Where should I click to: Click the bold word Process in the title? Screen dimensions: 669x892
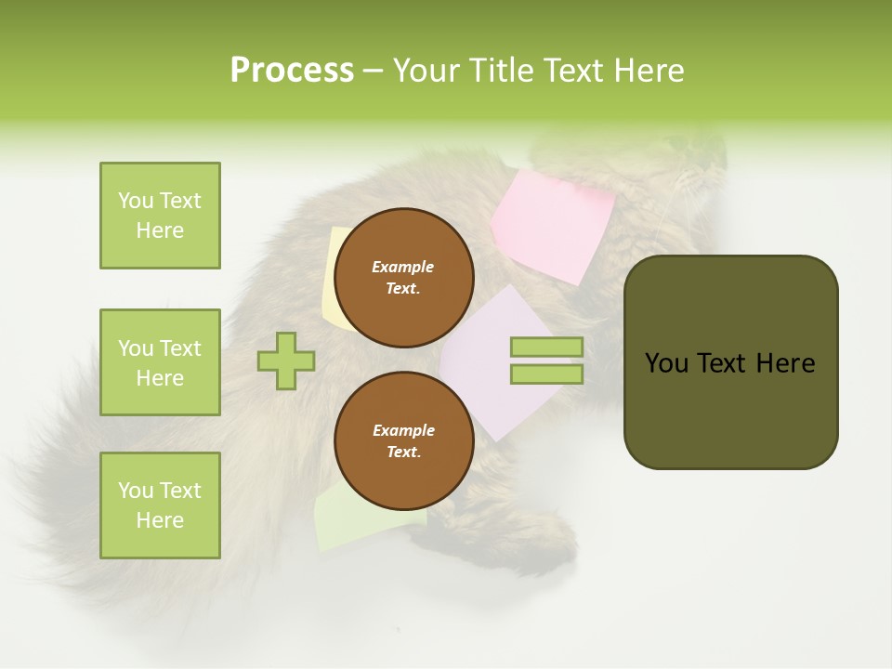pyautogui.click(x=292, y=70)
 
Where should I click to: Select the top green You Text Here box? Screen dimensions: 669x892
pyautogui.click(x=160, y=216)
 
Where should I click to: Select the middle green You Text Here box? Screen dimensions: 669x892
pyautogui.click(x=160, y=362)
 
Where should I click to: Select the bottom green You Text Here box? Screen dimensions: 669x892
pyautogui.click(x=160, y=505)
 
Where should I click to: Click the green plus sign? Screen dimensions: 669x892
pyautogui.click(x=286, y=361)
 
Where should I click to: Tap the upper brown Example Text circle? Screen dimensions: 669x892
pyautogui.click(x=403, y=278)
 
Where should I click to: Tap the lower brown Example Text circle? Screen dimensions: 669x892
pyautogui.click(x=403, y=441)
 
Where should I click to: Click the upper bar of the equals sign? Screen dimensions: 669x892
pyautogui.click(x=546, y=347)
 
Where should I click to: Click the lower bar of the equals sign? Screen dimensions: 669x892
pyautogui.click(x=546, y=374)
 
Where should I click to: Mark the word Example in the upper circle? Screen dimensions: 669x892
pyautogui.click(x=403, y=267)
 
